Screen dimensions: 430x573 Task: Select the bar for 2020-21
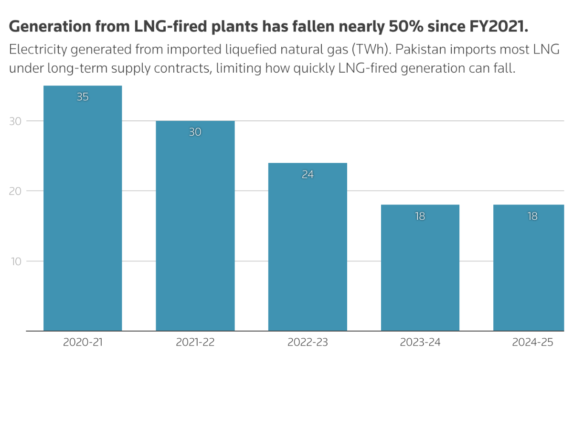[83, 215]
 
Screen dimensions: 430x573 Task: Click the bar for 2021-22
[195, 229]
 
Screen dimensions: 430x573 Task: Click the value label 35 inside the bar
[83, 97]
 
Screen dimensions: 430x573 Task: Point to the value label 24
[308, 174]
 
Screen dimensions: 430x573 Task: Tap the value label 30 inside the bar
[195, 132]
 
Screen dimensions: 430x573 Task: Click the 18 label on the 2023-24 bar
[420, 216]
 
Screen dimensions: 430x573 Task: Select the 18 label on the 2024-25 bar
[532, 216]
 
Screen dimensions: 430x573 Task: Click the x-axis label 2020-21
[83, 343]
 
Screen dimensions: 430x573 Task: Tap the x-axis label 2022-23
[308, 343]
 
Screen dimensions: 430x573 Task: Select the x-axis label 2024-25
[532, 343]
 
